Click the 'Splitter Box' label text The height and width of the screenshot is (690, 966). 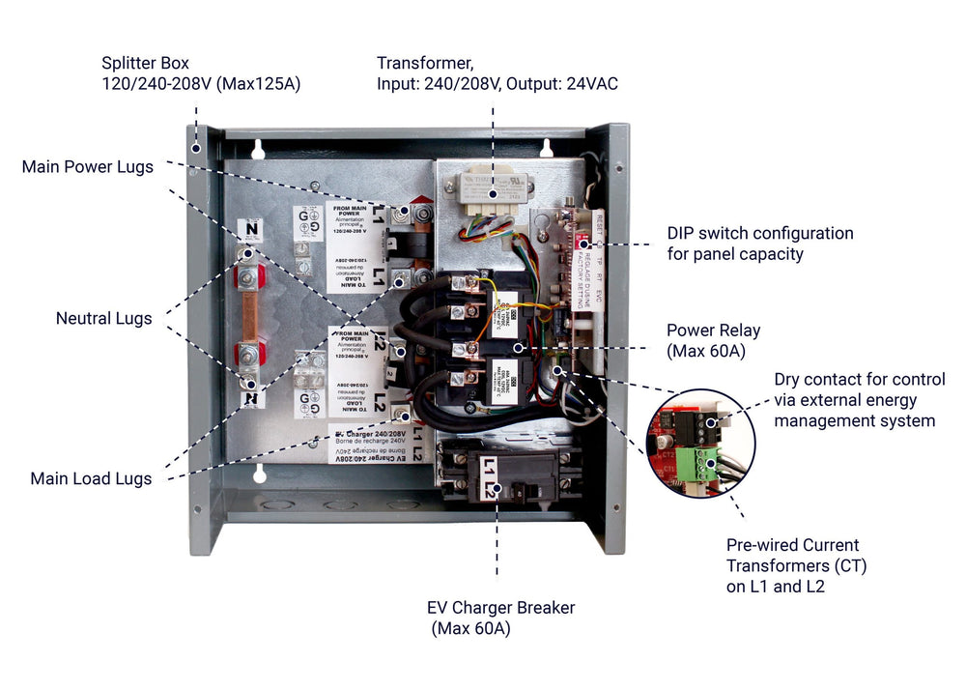(x=148, y=63)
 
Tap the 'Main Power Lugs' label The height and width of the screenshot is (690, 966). (x=87, y=167)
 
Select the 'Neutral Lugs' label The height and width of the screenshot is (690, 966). (x=103, y=318)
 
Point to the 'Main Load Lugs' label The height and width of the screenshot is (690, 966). (x=91, y=478)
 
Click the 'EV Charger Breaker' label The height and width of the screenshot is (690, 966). (x=500, y=608)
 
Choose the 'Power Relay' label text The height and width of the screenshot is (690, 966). (x=713, y=331)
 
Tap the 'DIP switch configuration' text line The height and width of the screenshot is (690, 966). (x=760, y=233)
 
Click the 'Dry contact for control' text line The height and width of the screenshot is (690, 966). (x=860, y=379)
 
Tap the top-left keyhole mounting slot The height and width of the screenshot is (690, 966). (x=259, y=149)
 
